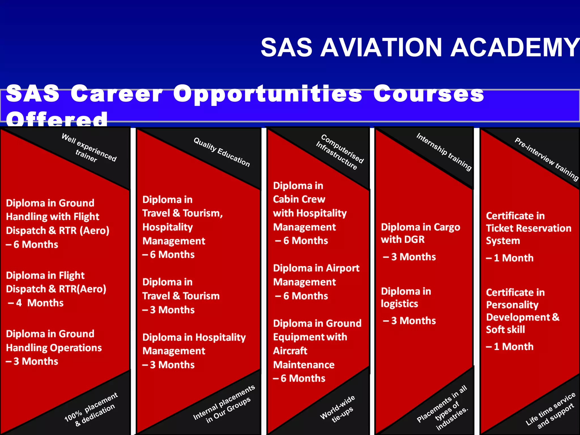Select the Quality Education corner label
coord(222,152)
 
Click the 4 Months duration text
coord(40,303)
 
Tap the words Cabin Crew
coord(299,199)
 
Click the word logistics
coord(399,304)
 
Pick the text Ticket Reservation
coord(528,228)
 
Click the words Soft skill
coord(506,329)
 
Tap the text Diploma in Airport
coord(316,268)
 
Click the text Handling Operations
coord(54,348)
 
